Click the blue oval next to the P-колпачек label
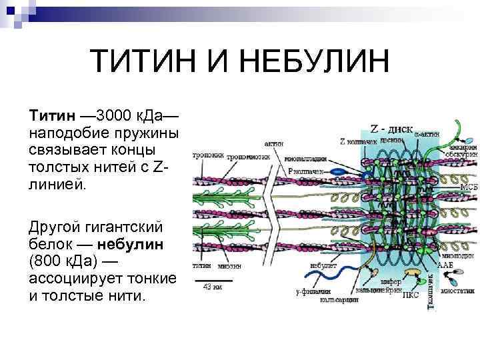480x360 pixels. click(x=338, y=171)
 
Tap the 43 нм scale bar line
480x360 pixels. click(x=213, y=279)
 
